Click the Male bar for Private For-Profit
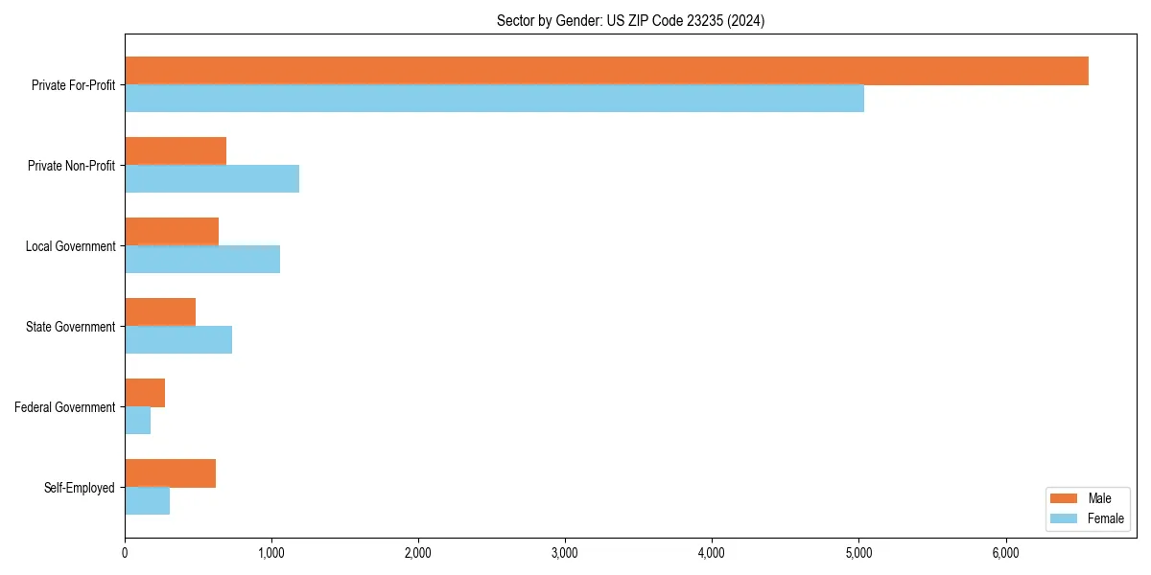point(606,71)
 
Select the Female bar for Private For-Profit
point(494,99)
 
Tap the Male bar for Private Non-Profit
point(176,151)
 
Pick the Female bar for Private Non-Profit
point(212,179)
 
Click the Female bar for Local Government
point(202,260)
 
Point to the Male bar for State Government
point(160,312)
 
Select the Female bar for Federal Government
point(138,421)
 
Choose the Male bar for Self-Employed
point(170,473)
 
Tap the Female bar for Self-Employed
point(148,501)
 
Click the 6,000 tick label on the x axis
point(1005,552)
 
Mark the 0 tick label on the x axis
point(125,552)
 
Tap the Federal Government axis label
point(65,407)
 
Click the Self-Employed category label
point(80,488)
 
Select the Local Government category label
point(71,246)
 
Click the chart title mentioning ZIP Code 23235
point(630,20)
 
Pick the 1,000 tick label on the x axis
point(271,552)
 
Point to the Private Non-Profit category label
point(72,166)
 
